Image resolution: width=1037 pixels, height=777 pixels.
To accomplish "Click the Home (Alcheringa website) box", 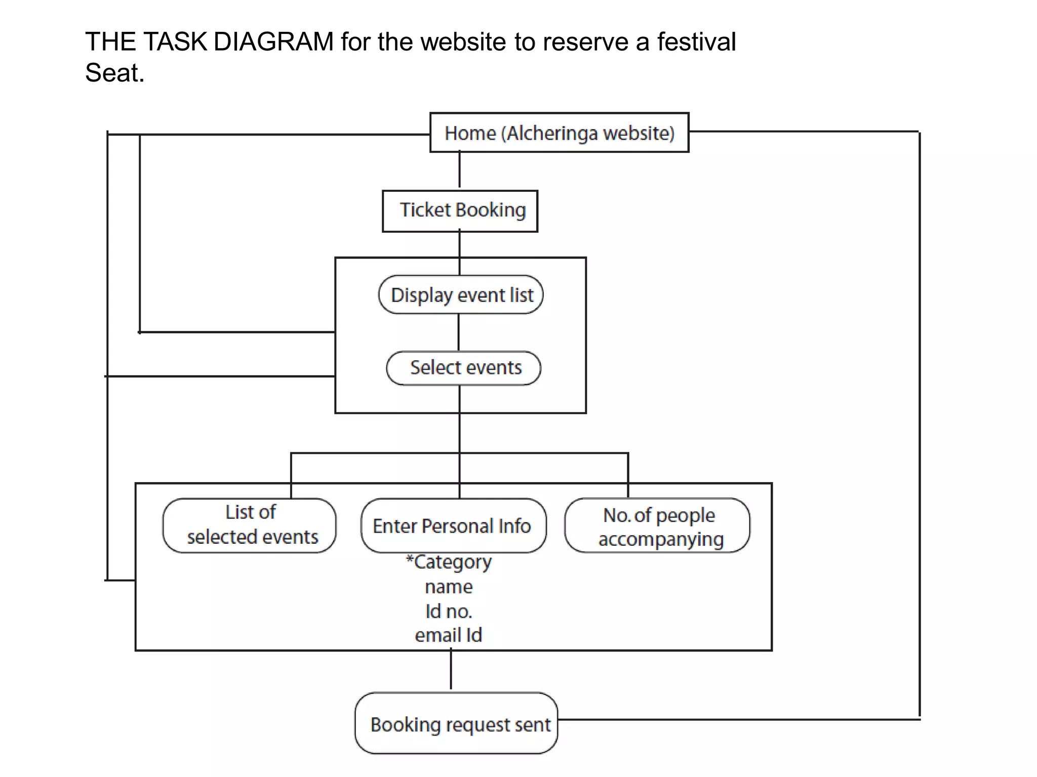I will (559, 133).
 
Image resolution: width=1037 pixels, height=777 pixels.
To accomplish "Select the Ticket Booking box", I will (460, 211).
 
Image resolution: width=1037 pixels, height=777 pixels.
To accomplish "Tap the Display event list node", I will (461, 295).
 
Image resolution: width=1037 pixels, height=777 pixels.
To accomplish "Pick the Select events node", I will (463, 368).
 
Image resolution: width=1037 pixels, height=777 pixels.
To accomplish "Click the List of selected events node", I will (250, 525).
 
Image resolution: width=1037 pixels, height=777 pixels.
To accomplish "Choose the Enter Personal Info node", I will (453, 526).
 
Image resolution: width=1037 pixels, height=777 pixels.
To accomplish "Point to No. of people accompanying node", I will (657, 526).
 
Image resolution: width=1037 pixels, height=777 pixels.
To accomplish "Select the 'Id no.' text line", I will (449, 612).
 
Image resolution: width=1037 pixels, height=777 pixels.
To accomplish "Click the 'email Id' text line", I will (449, 635).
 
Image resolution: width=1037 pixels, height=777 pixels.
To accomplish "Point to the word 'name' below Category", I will (449, 587).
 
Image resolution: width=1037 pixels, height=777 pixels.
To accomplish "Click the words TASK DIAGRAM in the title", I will (238, 41).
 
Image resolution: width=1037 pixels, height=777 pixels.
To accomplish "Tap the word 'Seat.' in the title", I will (115, 73).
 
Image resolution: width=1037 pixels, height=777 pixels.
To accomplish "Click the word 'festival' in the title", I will (696, 41).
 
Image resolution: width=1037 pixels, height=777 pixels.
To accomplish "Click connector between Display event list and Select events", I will (459, 332).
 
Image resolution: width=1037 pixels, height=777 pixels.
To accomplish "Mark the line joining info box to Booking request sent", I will (451, 670).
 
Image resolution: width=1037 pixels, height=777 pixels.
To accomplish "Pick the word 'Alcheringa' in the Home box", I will (552, 133).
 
